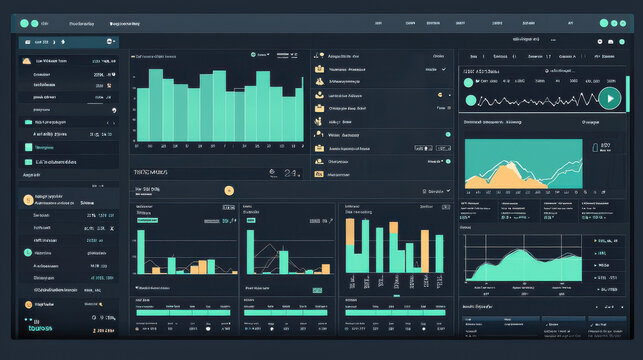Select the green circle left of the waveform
point(470,99)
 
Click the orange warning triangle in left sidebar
point(26,61)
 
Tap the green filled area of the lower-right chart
point(520,268)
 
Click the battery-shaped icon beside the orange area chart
point(604,148)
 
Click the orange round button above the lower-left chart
point(229,189)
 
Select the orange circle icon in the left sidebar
point(27,199)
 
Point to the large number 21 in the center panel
point(289,173)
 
